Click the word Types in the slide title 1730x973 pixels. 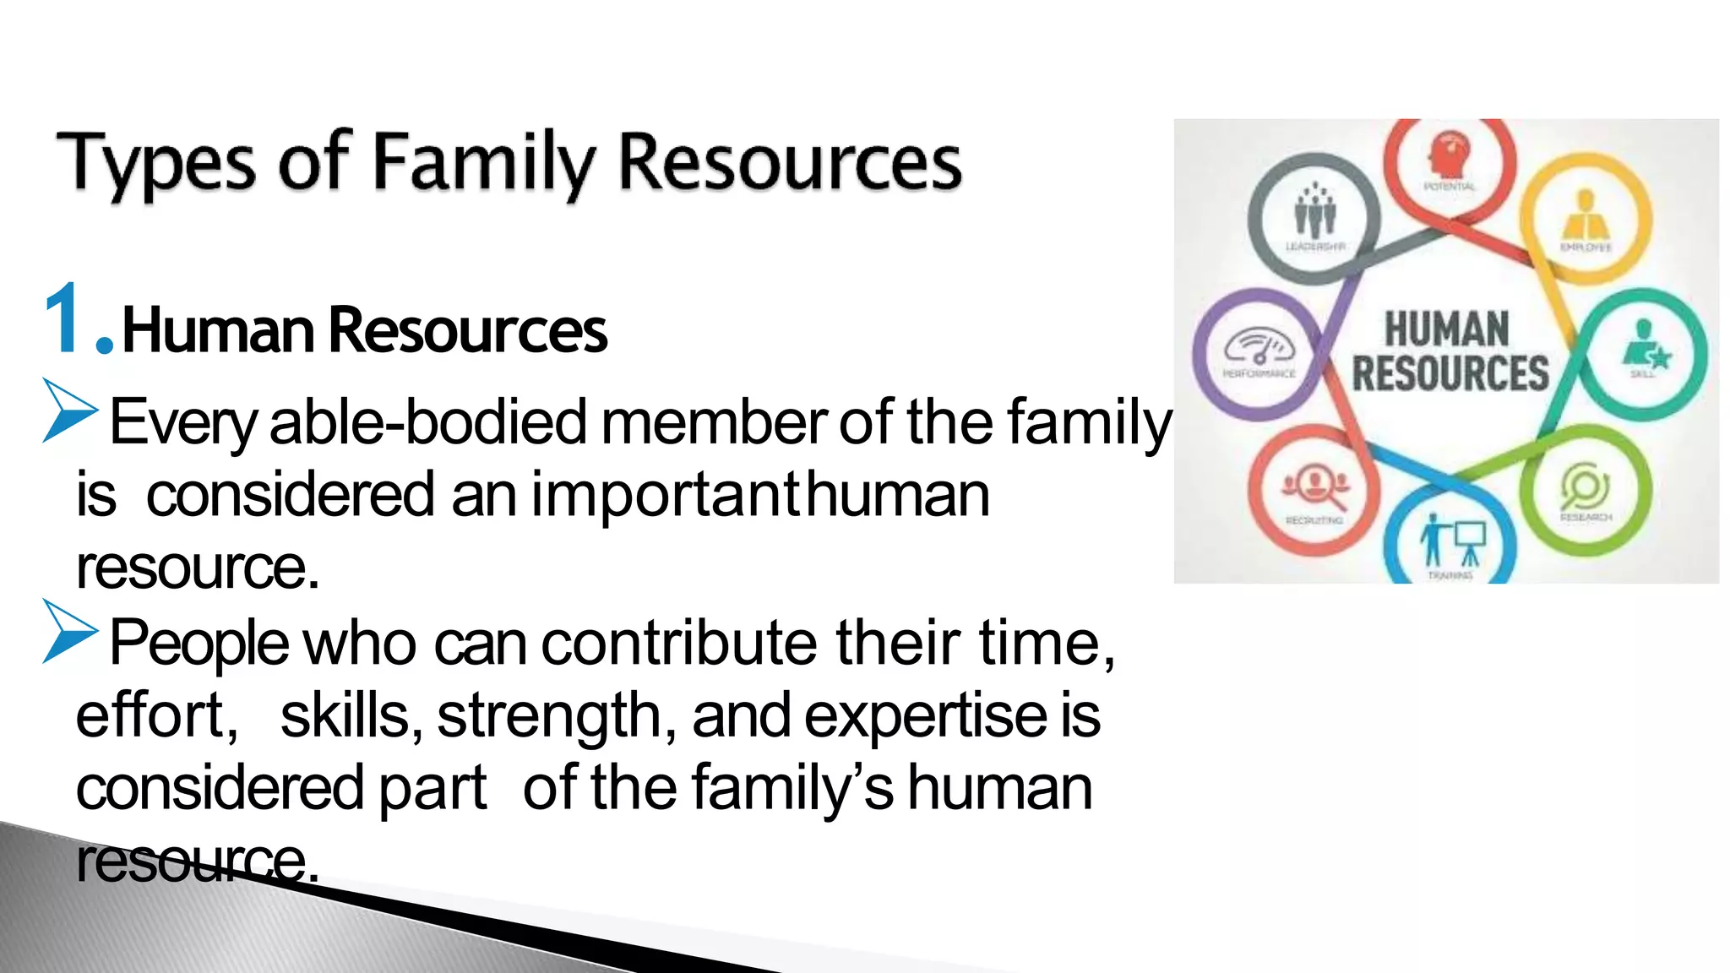point(155,162)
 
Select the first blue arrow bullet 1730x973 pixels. point(69,410)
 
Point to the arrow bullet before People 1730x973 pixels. point(69,631)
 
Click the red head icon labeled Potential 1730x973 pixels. point(1450,155)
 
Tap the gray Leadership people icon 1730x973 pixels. point(1314,210)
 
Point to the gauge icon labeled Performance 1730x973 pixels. point(1259,347)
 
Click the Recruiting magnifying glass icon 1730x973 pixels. point(1315,486)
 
